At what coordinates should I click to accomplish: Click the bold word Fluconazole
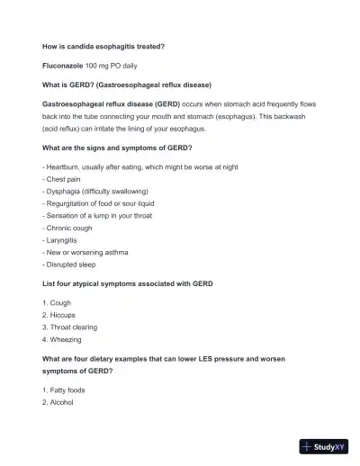(63, 67)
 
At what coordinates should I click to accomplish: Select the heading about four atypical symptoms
(128, 283)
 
